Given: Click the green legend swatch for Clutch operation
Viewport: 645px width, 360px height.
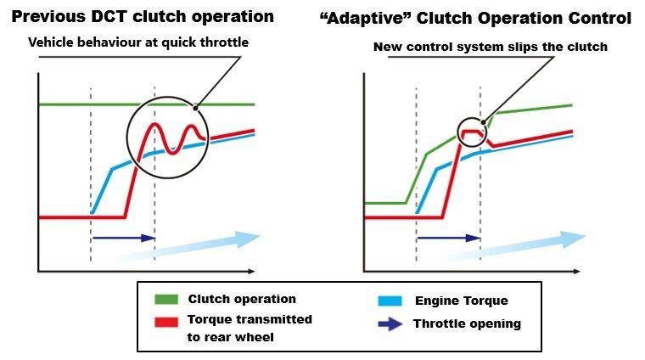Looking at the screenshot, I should [165, 299].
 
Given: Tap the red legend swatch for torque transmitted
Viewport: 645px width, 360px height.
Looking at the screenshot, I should [165, 321].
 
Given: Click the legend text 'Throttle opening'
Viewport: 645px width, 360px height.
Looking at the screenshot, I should [467, 323].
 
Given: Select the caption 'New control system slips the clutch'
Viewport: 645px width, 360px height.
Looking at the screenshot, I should [491, 47].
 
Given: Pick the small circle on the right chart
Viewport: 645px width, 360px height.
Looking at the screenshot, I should [473, 132].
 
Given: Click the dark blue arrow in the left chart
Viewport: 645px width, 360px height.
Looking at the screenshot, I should [123, 238].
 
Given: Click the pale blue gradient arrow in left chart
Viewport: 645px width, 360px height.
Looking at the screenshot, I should [204, 244].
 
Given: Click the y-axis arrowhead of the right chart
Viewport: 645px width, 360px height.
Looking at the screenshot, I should [365, 74].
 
